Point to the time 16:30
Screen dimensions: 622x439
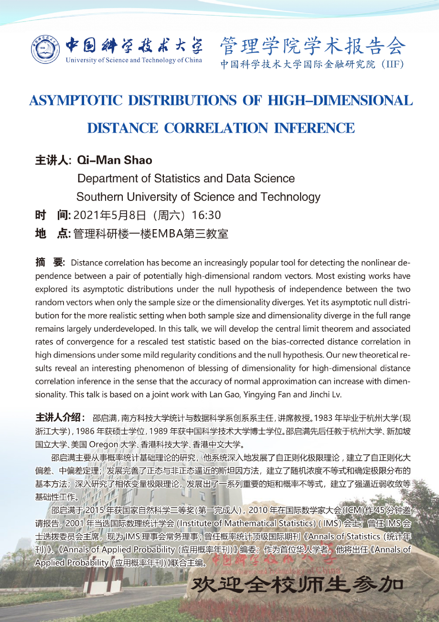point(205,215)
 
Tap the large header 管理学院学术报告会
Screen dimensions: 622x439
point(313,46)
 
